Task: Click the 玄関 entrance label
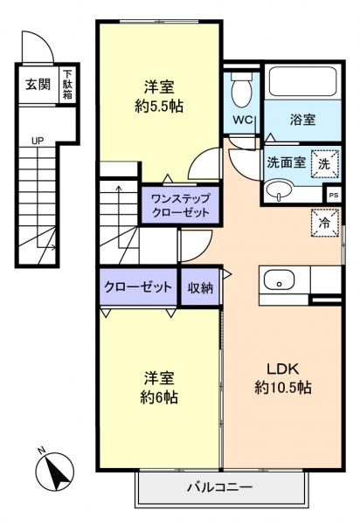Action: point(37,85)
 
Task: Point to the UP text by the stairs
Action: point(37,140)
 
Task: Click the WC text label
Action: point(244,121)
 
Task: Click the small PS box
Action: point(333,196)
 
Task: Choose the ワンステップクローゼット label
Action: point(181,204)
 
